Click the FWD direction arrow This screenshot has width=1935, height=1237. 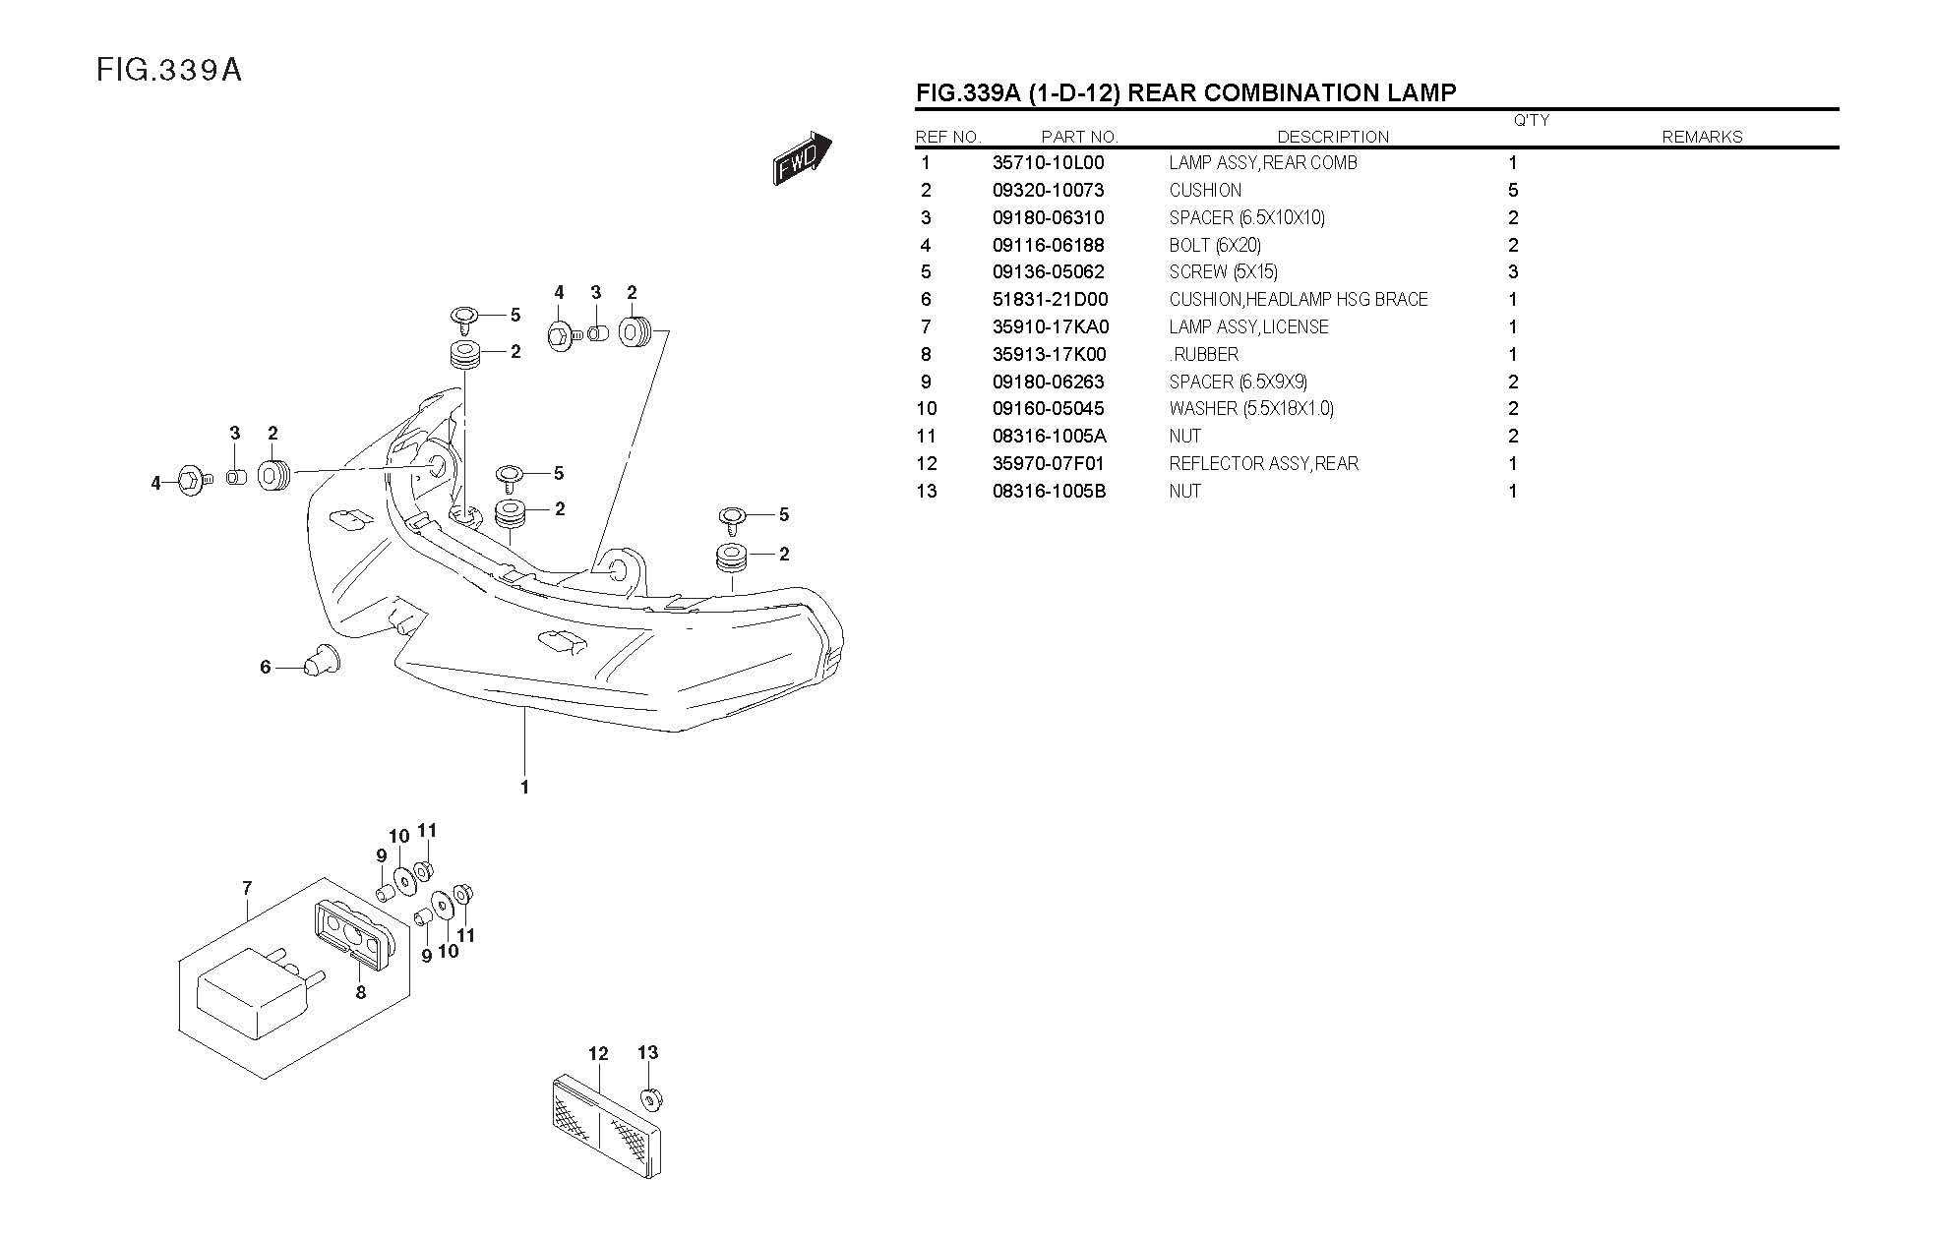pos(802,158)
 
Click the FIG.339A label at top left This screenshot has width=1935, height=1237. pos(168,71)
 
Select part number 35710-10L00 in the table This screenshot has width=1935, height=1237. pos(1048,163)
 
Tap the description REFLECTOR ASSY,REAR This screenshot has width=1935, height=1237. pos(1263,464)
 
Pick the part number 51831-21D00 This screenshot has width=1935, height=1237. pos(1050,300)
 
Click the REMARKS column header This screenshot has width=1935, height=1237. pos(1701,138)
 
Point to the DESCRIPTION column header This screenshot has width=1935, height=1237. pos(1332,138)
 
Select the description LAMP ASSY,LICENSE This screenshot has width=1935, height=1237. pos(1248,327)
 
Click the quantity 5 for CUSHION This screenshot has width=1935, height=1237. pos(1512,191)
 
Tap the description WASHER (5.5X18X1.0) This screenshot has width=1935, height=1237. pos(1251,409)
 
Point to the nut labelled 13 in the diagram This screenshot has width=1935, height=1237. pos(649,1097)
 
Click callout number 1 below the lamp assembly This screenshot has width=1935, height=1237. pos(524,788)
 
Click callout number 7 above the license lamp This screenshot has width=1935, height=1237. pos(247,889)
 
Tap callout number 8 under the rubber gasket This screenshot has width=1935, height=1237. pos(361,993)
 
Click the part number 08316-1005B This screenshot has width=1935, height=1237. pos(1049,492)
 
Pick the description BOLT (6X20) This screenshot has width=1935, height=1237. pos(1215,246)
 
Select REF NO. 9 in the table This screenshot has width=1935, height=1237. pos(926,383)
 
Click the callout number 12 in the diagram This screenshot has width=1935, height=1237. pos(598,1054)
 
